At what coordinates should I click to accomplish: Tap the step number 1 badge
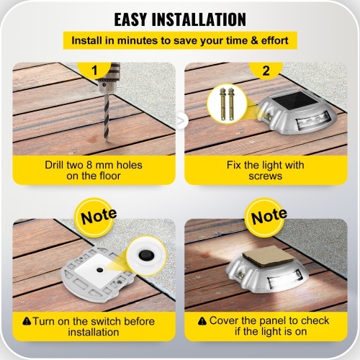(93, 71)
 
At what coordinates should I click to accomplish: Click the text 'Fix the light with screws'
(266, 171)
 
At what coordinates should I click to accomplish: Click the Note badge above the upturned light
(96, 215)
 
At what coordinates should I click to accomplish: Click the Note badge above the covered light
(269, 215)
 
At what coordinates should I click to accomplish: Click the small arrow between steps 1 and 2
(181, 118)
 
